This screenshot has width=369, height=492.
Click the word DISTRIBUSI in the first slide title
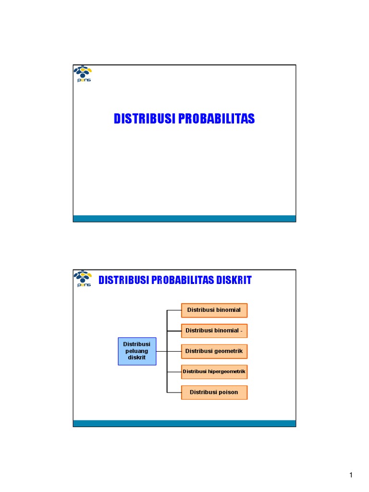pyautogui.click(x=145, y=119)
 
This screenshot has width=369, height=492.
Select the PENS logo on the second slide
pyautogui.click(x=83, y=279)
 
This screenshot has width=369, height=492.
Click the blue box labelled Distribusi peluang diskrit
pyautogui.click(x=137, y=351)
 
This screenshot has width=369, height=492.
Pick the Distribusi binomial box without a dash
pyautogui.click(x=214, y=310)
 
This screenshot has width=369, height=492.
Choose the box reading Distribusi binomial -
pyautogui.click(x=214, y=331)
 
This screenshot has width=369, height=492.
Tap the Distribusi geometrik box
pyautogui.click(x=214, y=351)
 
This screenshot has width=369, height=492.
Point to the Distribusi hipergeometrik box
pyautogui.click(x=214, y=371)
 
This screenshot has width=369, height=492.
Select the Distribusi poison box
pyautogui.click(x=214, y=393)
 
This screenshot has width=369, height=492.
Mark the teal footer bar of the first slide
pyautogui.click(x=184, y=219)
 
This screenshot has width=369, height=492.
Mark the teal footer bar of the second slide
pyautogui.click(x=184, y=423)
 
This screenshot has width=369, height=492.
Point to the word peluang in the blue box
pyautogui.click(x=137, y=351)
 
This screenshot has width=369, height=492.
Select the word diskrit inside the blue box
pyautogui.click(x=137, y=358)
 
